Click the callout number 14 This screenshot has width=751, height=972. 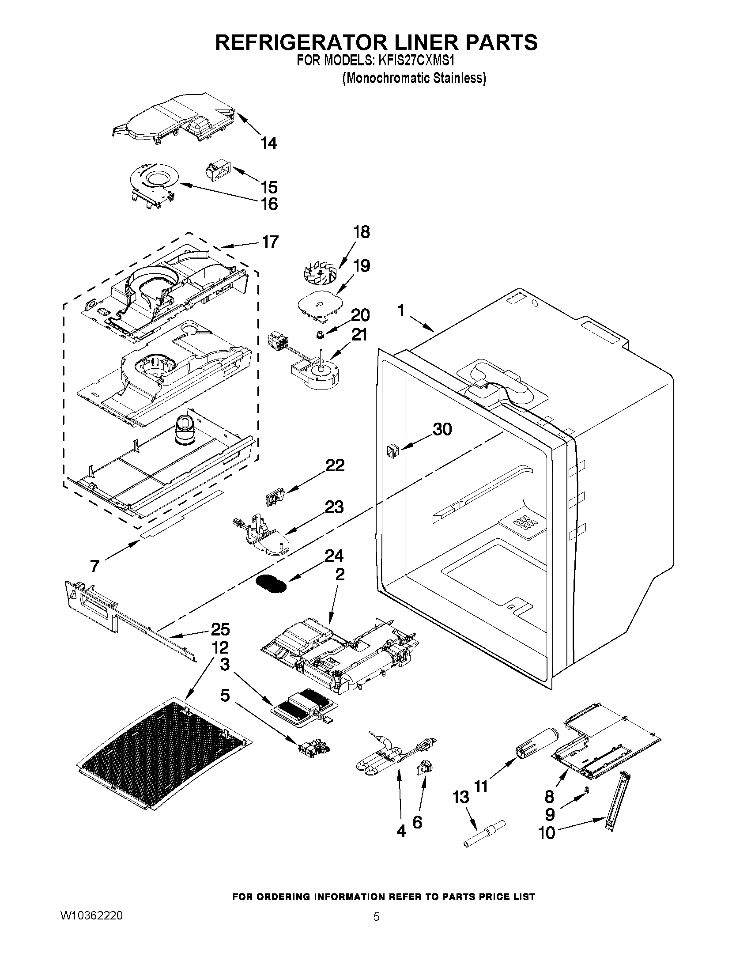(x=269, y=144)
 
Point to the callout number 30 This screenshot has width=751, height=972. (x=442, y=430)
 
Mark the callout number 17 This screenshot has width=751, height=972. (x=270, y=242)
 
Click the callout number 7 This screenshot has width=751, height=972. (x=94, y=566)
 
